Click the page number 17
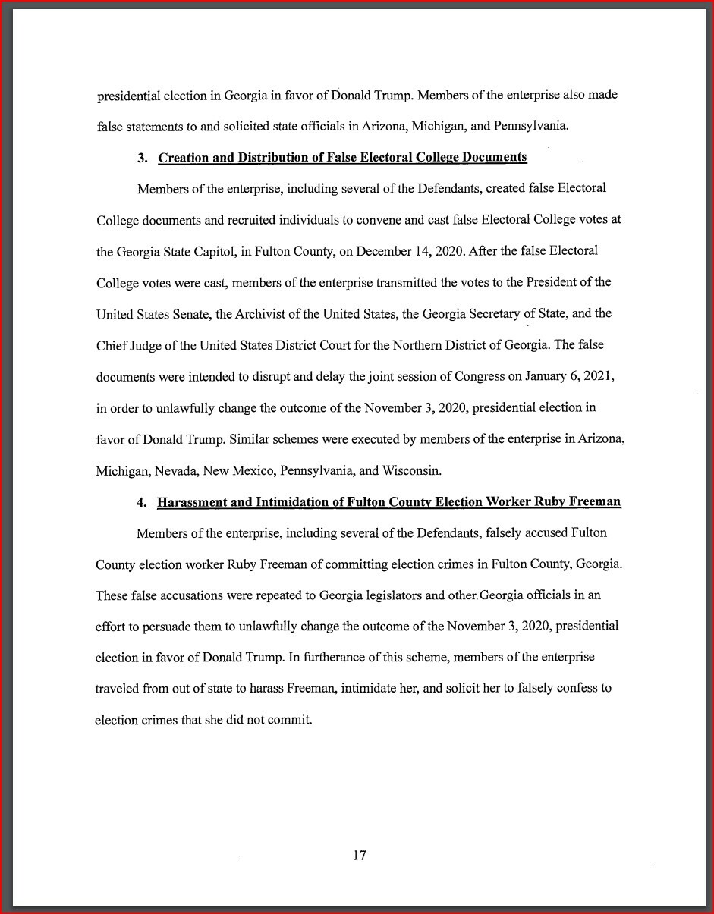tap(360, 856)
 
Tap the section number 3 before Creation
tap(142, 158)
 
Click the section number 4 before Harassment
tap(141, 502)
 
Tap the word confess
tap(573, 689)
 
